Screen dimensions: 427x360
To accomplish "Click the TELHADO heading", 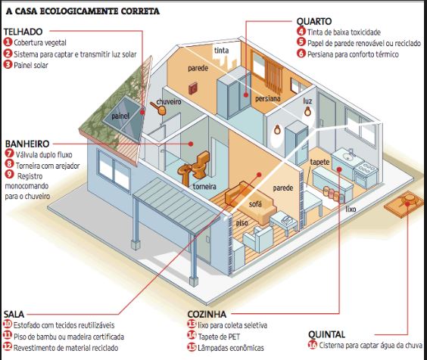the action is [x=23, y=32].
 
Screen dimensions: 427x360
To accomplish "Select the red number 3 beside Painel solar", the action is [x=8, y=65].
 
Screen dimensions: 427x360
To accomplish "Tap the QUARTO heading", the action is [x=314, y=21].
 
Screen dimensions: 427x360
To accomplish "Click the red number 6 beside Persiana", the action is [x=301, y=54].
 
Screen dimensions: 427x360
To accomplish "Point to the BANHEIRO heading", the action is [x=27, y=144].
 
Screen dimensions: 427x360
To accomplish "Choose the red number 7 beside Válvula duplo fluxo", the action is [x=10, y=154].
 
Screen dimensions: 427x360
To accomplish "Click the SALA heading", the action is [x=14, y=314].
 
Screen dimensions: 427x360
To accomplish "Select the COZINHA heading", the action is [x=207, y=315].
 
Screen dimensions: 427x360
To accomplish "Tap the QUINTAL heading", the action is [x=327, y=334].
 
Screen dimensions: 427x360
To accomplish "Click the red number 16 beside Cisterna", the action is [x=313, y=345].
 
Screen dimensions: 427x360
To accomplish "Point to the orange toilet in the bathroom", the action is [x=201, y=164].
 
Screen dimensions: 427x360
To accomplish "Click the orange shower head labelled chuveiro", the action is [x=158, y=108].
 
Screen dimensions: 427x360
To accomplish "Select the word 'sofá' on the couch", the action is [x=255, y=203].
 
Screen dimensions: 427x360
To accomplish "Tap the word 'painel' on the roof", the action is [x=120, y=116].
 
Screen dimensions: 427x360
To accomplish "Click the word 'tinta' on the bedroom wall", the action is [x=221, y=51].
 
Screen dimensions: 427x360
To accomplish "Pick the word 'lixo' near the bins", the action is [x=351, y=209].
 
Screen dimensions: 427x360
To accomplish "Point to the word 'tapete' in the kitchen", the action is [x=319, y=162].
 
